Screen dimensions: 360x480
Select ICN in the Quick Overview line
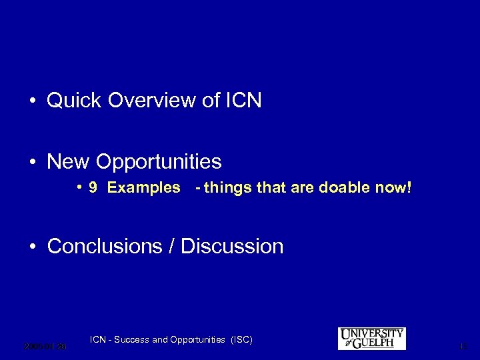tap(243, 101)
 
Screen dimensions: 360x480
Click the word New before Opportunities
tap(69, 162)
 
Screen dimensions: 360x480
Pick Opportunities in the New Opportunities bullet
tap(159, 162)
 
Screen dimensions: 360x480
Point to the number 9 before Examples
tap(94, 188)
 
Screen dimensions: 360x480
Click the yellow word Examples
tap(143, 188)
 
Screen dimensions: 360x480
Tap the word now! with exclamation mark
tap(394, 188)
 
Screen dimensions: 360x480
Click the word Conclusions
tap(103, 247)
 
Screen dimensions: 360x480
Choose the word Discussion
tap(232, 247)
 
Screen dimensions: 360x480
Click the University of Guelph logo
tap(371, 339)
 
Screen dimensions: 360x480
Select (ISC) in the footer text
tap(241, 340)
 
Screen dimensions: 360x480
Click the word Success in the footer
tap(132, 340)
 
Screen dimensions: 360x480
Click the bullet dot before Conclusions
tap(32, 247)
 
